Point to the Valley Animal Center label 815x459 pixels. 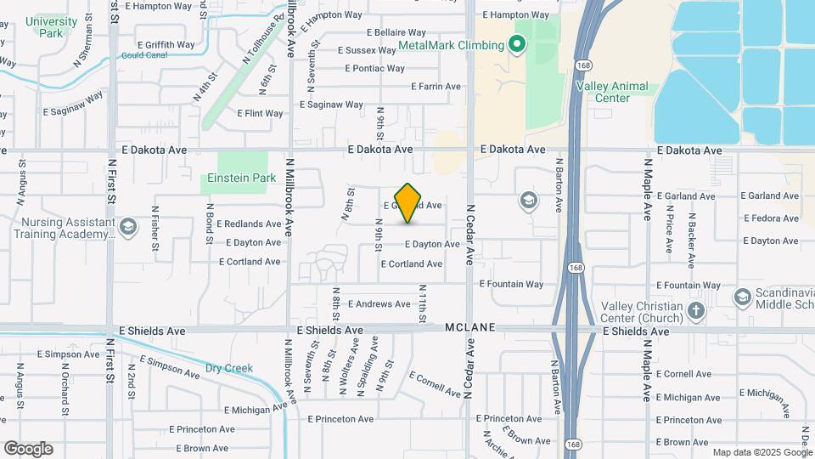point(611,92)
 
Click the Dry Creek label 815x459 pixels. point(229,368)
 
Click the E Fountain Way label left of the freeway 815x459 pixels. point(511,284)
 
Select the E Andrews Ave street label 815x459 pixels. point(379,304)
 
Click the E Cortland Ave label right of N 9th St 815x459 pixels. point(412,264)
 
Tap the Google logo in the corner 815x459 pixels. point(28,449)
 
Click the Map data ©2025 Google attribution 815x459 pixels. point(762,452)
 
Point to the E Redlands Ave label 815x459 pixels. point(249,224)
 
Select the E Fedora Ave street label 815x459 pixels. point(770,218)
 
